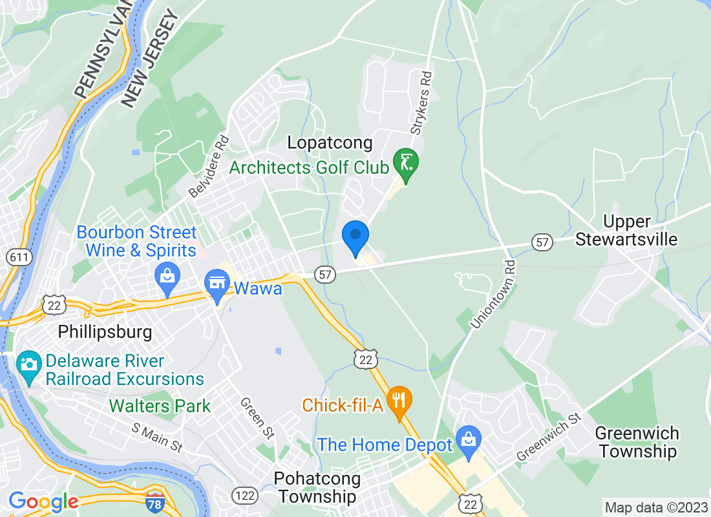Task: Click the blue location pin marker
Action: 355,237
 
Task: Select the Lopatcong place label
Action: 330,143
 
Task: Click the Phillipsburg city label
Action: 105,332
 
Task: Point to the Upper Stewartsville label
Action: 626,231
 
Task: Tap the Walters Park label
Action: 160,406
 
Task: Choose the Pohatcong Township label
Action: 315,487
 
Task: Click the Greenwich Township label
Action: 637,442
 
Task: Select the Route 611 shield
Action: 16,257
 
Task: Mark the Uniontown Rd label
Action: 494,293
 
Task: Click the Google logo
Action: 43,501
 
